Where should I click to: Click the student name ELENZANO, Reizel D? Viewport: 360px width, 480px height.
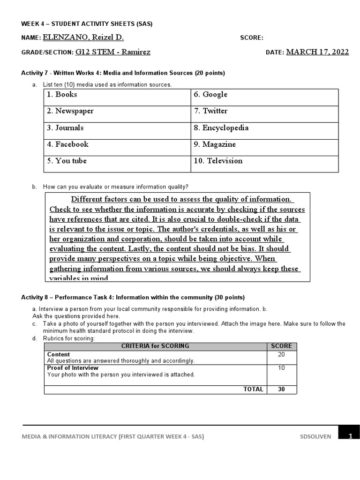pyautogui.click(x=83, y=38)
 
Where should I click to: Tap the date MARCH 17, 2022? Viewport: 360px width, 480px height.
pyautogui.click(x=317, y=52)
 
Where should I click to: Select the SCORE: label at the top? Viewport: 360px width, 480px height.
pyautogui.click(x=252, y=38)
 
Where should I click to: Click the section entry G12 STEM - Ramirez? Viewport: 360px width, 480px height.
pyautogui.click(x=113, y=52)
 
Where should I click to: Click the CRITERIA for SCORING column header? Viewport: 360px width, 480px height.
pyautogui.click(x=155, y=346)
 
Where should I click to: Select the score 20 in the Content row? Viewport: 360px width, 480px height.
pyautogui.click(x=281, y=355)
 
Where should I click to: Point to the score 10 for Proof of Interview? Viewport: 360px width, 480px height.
pyautogui.click(x=281, y=368)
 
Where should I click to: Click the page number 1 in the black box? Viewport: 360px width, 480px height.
pyautogui.click(x=350, y=436)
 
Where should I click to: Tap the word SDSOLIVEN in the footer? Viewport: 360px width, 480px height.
pyautogui.click(x=315, y=436)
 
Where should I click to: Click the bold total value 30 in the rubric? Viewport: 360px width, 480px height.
pyautogui.click(x=281, y=390)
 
